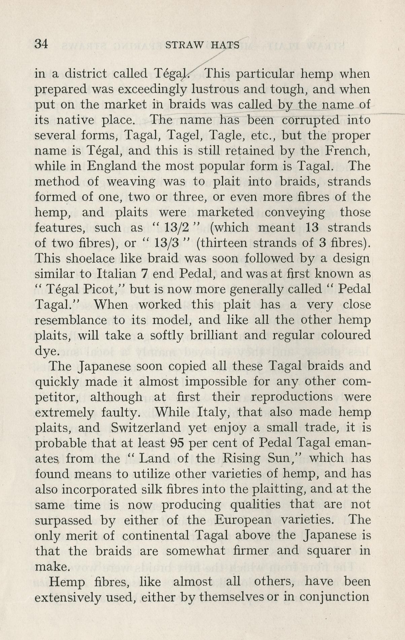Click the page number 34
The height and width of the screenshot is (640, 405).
click(41, 44)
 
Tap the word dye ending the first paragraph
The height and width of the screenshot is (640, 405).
click(47, 351)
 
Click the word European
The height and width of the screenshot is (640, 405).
click(243, 520)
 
